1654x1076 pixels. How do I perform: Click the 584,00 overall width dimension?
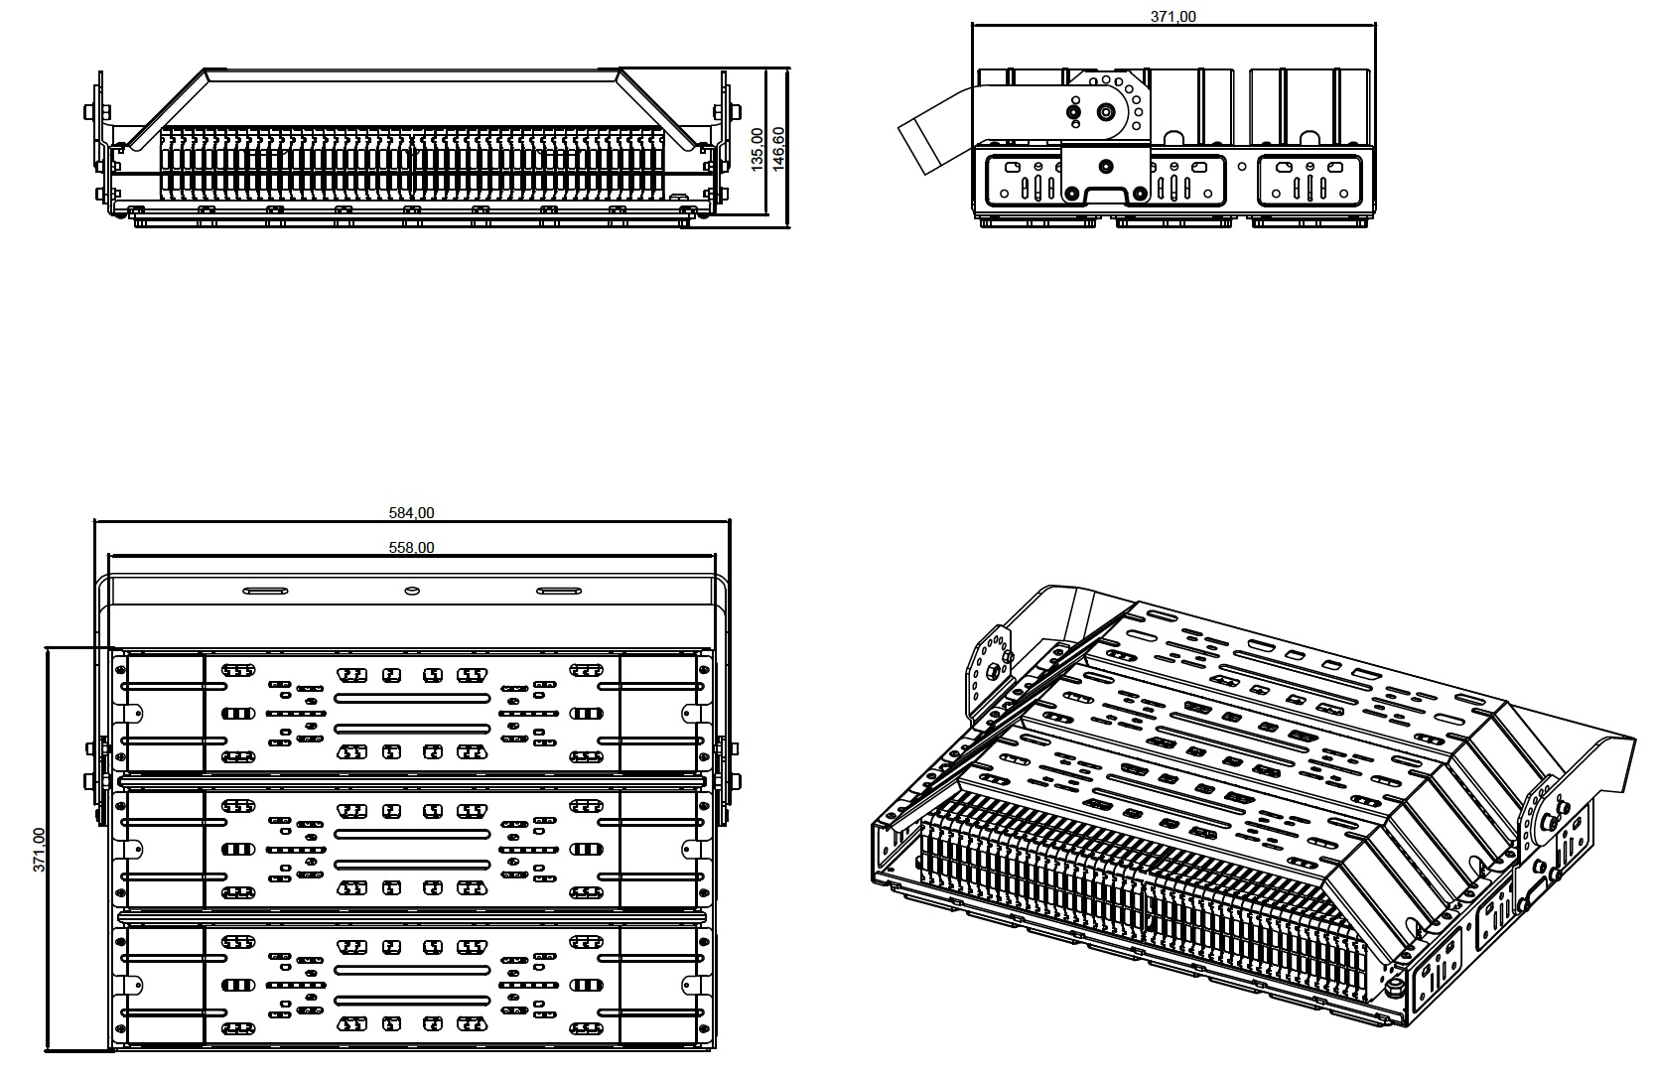411,513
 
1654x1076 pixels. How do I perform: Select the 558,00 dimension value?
411,547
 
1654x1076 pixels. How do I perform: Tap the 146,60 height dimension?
778,148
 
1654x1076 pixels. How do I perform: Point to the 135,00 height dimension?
758,148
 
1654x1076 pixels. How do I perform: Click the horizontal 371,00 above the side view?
1173,16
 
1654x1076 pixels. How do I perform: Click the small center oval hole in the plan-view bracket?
412,592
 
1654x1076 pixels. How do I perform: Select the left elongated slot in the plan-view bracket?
266,592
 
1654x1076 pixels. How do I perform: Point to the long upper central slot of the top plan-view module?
412,698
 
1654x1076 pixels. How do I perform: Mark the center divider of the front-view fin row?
412,164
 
